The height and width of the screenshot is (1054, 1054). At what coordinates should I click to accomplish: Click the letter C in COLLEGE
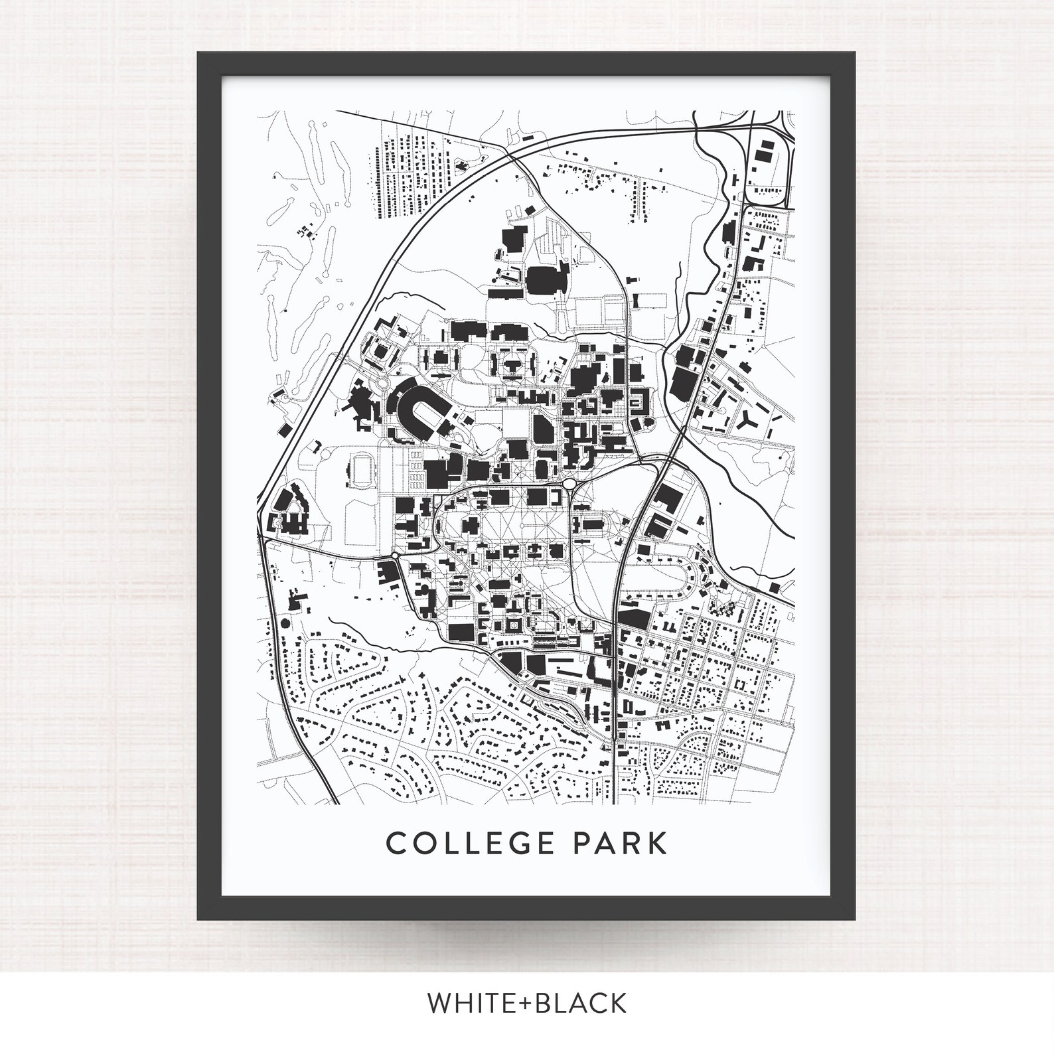[x=396, y=844]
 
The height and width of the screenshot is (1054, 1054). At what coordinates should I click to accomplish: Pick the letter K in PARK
[x=656, y=844]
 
